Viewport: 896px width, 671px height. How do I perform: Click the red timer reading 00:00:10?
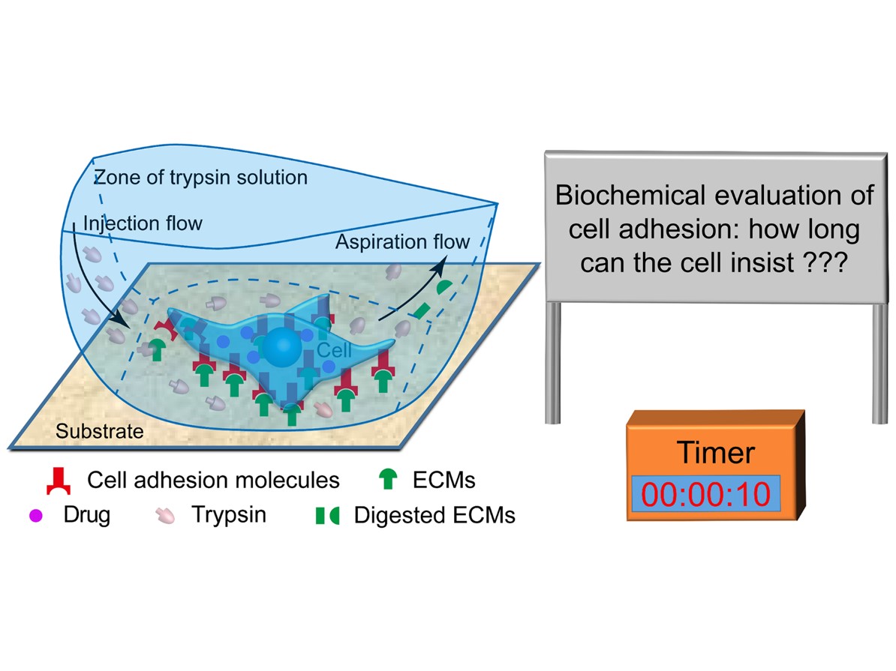click(705, 495)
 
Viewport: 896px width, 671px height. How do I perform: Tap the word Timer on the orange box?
click(716, 453)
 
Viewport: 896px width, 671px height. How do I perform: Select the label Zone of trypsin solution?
click(200, 178)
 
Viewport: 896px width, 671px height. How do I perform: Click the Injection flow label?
click(143, 223)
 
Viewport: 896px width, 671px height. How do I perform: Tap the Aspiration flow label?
click(402, 242)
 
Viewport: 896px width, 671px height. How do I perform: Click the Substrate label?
click(99, 431)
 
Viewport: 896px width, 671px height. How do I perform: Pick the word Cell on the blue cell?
click(334, 350)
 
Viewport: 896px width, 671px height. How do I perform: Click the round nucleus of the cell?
click(281, 346)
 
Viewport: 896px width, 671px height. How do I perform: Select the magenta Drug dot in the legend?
click(36, 516)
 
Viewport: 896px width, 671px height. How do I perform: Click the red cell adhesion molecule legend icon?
click(59, 481)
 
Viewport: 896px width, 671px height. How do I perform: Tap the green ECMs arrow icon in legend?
click(389, 479)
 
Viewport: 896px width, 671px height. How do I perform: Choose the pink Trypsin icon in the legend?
click(165, 516)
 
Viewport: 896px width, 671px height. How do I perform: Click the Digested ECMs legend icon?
click(327, 516)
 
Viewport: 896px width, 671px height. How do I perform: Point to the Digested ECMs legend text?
click(434, 515)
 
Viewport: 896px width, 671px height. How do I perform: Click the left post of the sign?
click(553, 363)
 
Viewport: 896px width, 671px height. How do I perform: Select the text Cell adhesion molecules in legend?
click(213, 481)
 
